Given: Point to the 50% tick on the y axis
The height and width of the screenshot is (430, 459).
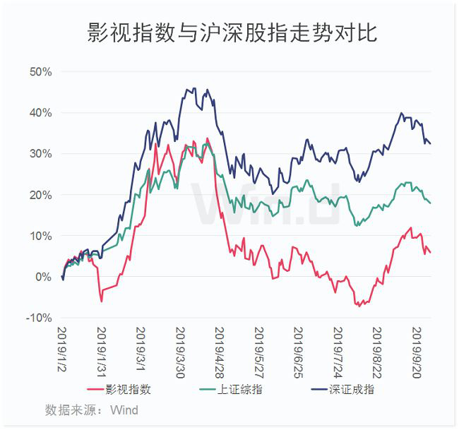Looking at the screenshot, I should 40,72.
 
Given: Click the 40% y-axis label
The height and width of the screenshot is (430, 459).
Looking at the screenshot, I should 40,113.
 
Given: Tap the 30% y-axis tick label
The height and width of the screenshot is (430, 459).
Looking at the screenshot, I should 40,154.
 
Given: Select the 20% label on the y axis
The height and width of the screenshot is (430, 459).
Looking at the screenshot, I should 40,195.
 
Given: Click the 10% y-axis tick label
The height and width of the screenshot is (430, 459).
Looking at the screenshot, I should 40,236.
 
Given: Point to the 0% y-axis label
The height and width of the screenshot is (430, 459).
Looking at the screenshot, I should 43,277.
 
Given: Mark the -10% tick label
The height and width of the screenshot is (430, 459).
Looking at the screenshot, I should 39,318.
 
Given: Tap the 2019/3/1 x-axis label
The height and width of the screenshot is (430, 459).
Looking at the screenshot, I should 141,350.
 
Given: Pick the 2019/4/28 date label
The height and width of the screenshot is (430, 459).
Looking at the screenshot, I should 220,352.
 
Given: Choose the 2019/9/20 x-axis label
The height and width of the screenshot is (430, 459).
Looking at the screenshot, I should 417,352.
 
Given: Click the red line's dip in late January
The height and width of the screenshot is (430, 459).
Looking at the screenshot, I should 101,301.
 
